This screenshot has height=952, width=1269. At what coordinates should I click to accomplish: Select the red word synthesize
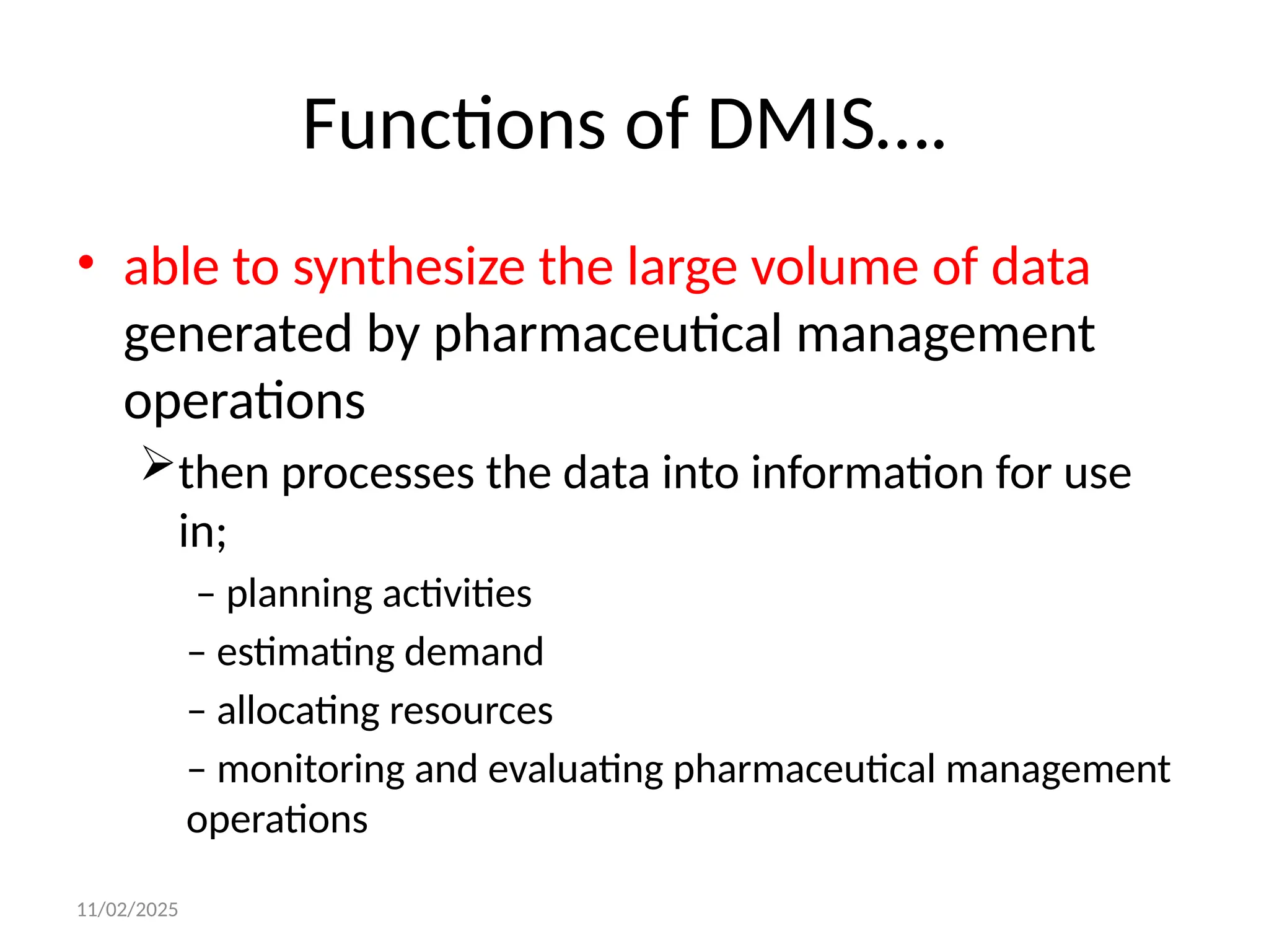coord(409,267)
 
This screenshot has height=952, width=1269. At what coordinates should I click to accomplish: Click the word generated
coord(239,335)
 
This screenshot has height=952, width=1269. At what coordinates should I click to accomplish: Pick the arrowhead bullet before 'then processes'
coord(157,462)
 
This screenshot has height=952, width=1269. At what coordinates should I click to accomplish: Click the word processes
coord(377,474)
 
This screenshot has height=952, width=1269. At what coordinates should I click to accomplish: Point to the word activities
coord(457,594)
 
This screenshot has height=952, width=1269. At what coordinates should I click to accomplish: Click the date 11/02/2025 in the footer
coord(127,910)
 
